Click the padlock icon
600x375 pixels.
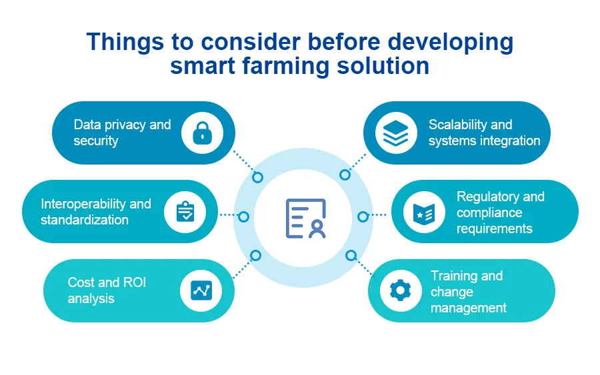203,133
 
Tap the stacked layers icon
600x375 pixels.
395,133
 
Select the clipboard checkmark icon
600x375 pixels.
185,211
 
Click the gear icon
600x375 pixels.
400,290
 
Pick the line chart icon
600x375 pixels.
201,290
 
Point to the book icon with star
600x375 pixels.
424,212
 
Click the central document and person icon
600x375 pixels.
305,218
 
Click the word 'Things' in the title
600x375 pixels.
125,42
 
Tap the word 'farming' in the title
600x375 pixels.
286,66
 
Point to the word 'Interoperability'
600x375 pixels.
83,204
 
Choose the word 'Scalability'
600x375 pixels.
457,125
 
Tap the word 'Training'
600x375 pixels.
454,276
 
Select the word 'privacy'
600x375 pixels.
125,125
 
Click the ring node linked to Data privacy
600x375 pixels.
257,177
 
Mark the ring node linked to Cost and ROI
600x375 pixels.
255,255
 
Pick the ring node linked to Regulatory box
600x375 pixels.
363,216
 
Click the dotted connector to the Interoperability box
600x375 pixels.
229,215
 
